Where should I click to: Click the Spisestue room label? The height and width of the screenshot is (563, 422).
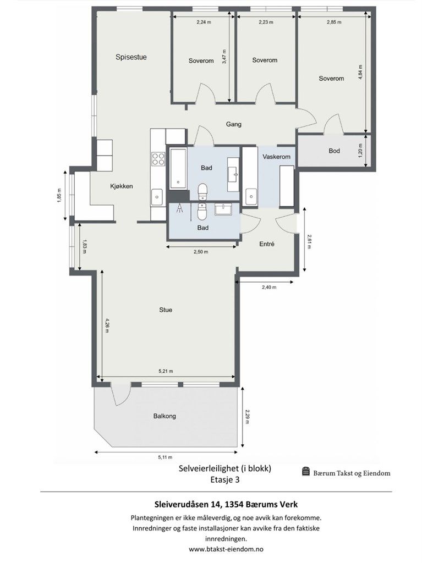[x=131, y=57]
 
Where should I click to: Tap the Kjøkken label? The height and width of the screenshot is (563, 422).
[x=120, y=186]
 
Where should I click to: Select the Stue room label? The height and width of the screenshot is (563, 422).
[x=166, y=310]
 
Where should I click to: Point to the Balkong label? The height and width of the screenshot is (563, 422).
[x=165, y=416]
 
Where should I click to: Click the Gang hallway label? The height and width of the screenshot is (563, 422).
[x=233, y=124]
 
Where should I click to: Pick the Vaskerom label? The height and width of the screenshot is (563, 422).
[x=276, y=157]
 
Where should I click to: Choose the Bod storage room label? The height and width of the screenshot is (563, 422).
[x=334, y=151]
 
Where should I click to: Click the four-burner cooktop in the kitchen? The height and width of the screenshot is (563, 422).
[x=158, y=158]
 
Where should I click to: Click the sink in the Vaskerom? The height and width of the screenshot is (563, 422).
[x=251, y=194]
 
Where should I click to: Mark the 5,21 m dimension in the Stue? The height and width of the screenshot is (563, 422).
[x=166, y=372]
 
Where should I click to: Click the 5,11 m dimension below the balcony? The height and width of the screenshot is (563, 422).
[x=165, y=457]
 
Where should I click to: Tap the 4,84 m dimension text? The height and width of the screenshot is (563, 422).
[x=360, y=74]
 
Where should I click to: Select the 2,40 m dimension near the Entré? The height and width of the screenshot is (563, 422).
[x=268, y=287]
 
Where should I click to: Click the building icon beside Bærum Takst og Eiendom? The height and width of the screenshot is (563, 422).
[x=306, y=472]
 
